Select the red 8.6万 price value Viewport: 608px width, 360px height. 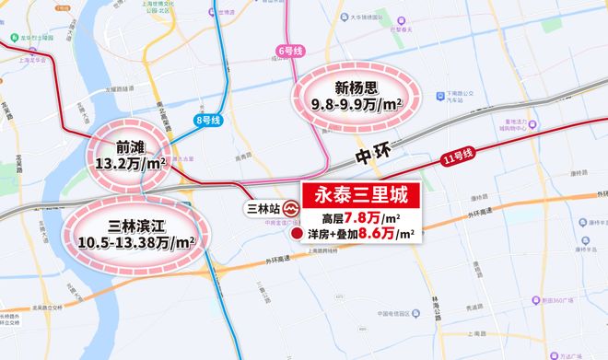click(380, 237)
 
